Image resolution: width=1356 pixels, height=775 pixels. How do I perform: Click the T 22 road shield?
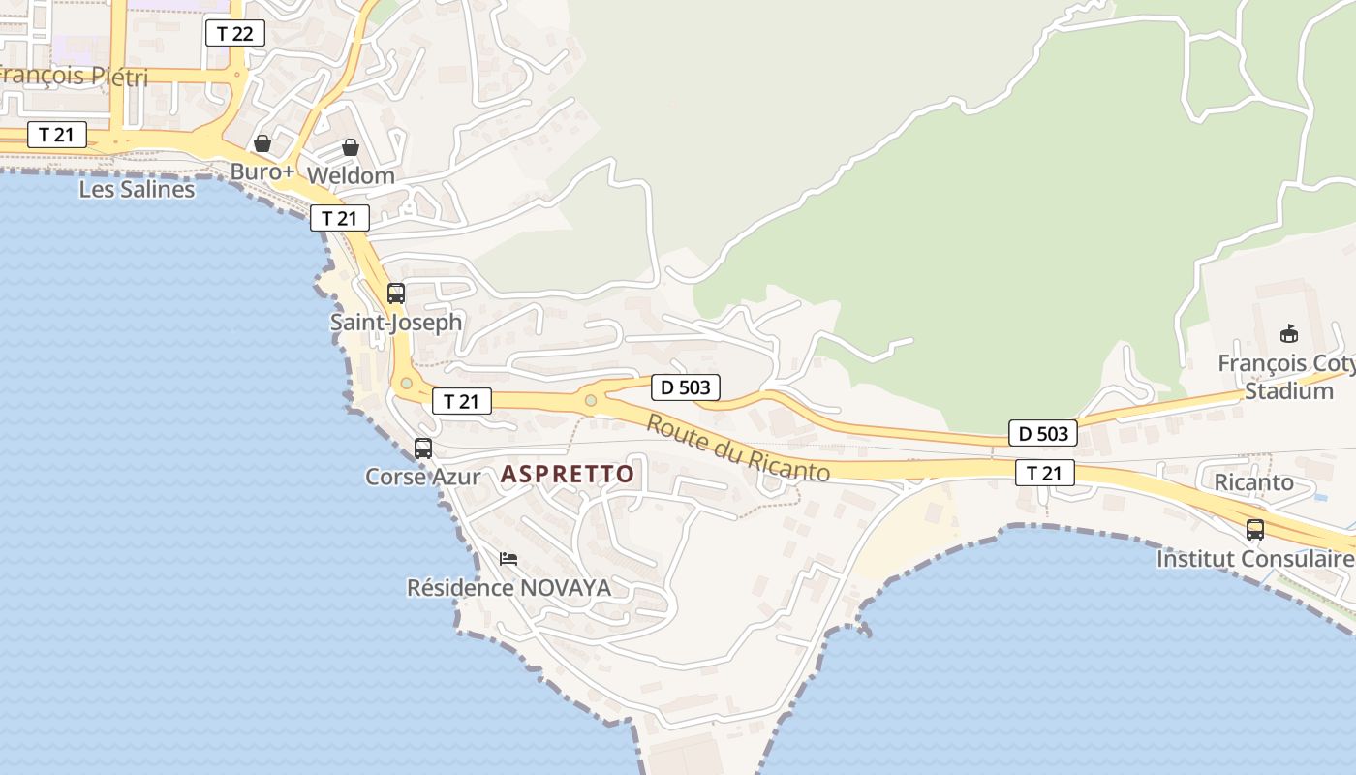tap(234, 34)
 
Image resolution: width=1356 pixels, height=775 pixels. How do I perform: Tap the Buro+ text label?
tap(262, 172)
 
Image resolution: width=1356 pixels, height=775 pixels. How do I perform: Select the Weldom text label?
tap(351, 175)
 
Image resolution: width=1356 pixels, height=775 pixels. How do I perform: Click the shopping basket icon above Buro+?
tap(262, 143)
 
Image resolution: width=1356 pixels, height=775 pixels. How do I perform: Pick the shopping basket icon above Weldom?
tap(351, 147)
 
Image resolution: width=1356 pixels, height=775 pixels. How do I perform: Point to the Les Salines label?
tap(137, 189)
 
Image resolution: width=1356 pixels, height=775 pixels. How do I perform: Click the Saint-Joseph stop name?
tap(396, 322)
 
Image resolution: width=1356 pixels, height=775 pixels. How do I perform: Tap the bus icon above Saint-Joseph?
tap(396, 293)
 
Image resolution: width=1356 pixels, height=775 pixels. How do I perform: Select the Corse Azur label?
tap(422, 477)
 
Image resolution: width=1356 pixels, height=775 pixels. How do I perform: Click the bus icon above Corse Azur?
tap(423, 449)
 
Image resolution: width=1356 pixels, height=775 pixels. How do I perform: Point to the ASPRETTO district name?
tap(568, 474)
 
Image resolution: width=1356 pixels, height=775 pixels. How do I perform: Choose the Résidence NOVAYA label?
tap(508, 588)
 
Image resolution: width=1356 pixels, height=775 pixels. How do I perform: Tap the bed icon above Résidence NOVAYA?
tap(508, 559)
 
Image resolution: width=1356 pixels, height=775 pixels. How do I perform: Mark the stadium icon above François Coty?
tap(1289, 334)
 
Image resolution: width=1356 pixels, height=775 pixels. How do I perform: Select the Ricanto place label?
tap(1253, 481)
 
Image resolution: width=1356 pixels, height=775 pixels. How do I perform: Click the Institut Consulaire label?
tap(1255, 559)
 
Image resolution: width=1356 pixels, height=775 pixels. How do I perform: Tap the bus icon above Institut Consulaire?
tap(1255, 530)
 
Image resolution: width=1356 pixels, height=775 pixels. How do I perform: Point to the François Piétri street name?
tap(73, 77)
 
